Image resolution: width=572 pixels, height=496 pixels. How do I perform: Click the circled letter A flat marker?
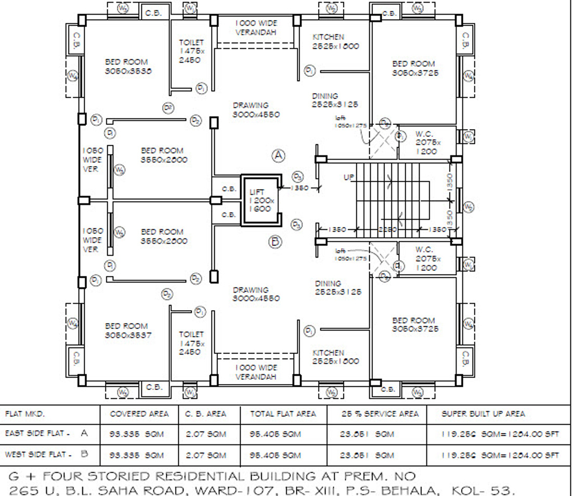point(279,155)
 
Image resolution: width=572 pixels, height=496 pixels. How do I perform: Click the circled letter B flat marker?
point(276,241)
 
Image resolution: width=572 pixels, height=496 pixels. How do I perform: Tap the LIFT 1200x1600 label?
point(260,200)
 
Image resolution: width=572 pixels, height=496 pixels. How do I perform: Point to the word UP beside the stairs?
point(349,177)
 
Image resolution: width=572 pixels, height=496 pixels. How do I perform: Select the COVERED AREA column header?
point(139,414)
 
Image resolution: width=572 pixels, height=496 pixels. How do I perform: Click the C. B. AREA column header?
point(206,414)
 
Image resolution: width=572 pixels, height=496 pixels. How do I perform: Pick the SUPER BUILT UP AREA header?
point(483,414)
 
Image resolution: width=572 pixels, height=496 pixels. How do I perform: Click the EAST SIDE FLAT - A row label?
point(46,434)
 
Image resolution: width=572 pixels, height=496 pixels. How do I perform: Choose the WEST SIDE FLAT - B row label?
point(46,454)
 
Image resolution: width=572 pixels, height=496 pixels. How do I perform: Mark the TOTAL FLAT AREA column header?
point(283,414)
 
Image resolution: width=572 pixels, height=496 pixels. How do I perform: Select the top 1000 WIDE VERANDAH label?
point(256,28)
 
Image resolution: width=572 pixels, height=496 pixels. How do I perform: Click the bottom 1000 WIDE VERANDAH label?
point(256,372)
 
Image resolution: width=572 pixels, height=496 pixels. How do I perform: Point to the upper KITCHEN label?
point(328,37)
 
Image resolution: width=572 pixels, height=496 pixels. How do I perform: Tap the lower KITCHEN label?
point(328,353)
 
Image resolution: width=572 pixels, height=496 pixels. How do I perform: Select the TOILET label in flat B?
point(191,334)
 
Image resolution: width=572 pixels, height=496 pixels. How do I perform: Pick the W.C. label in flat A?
point(424,134)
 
